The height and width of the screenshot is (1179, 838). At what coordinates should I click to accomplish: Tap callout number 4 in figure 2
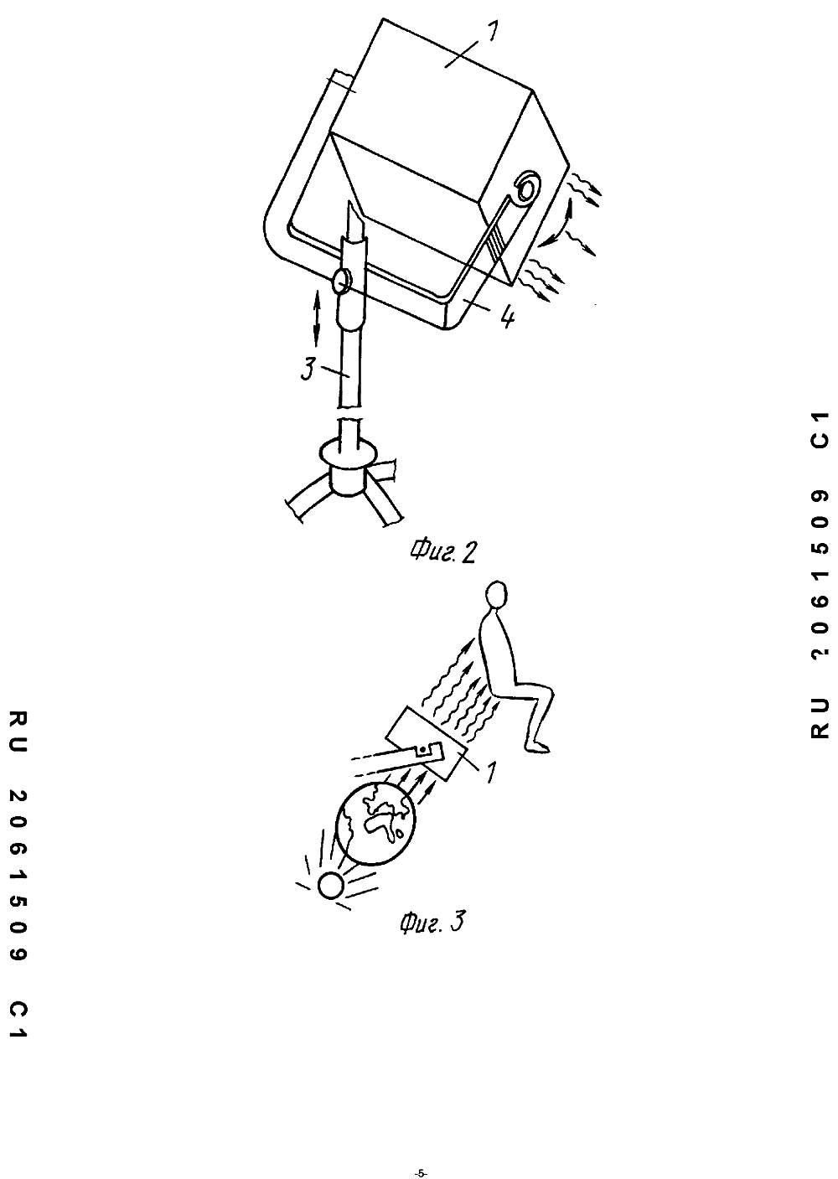pos(508,318)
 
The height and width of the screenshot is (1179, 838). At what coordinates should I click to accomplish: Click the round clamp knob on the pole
pos(343,281)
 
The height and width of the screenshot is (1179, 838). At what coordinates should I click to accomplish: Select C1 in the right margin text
pos(819,430)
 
